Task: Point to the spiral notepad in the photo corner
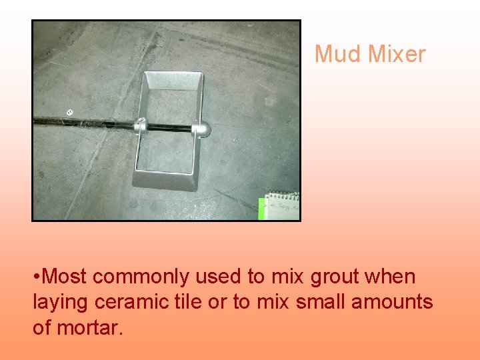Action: click(x=283, y=206)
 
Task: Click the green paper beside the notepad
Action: click(x=262, y=208)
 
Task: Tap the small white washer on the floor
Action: click(x=70, y=111)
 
